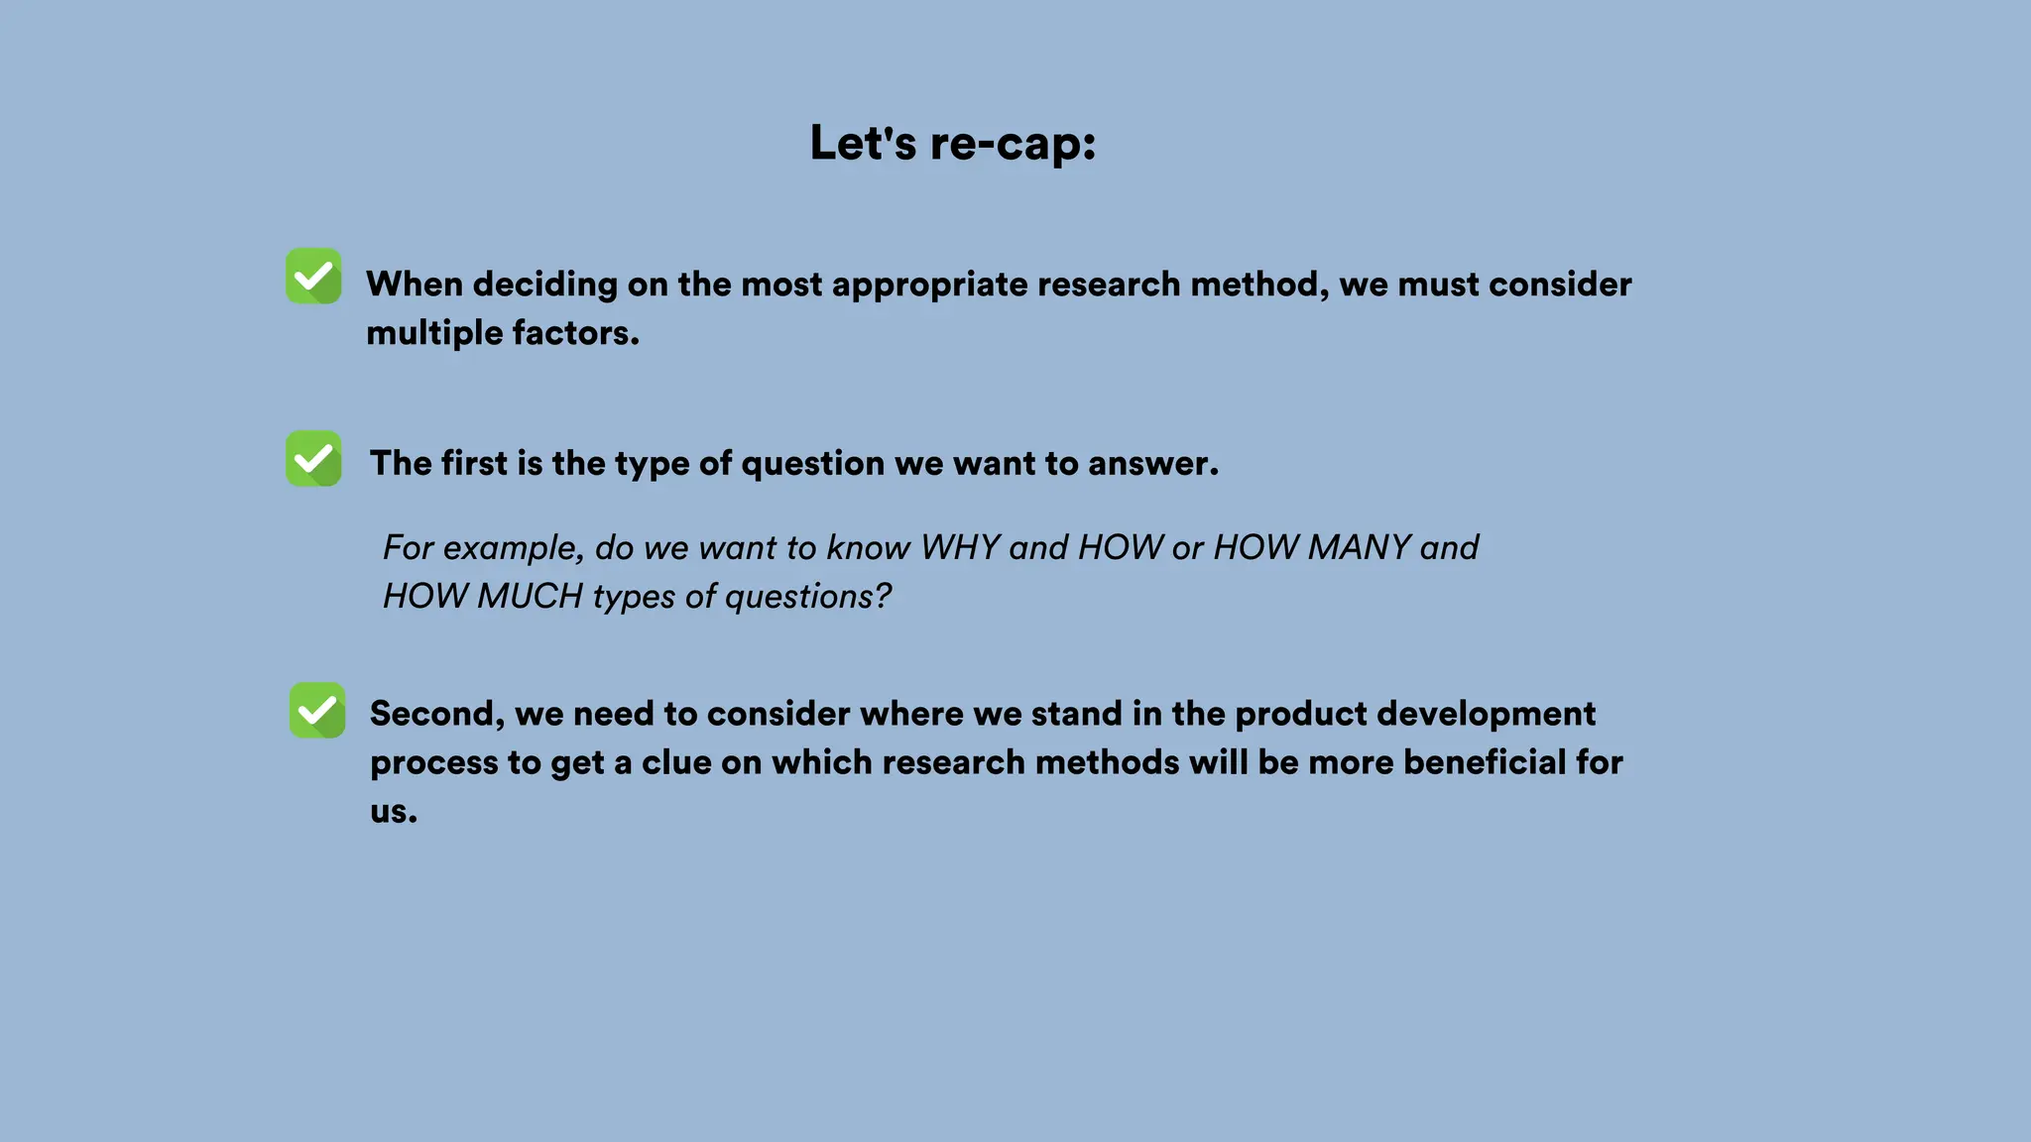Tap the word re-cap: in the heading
click(1013, 143)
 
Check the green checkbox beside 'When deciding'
click(313, 276)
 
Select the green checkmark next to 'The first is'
click(313, 458)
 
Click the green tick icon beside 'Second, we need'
click(317, 710)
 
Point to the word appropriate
click(929, 285)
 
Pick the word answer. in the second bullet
click(1152, 464)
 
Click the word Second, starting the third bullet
click(437, 714)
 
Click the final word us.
click(393, 812)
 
